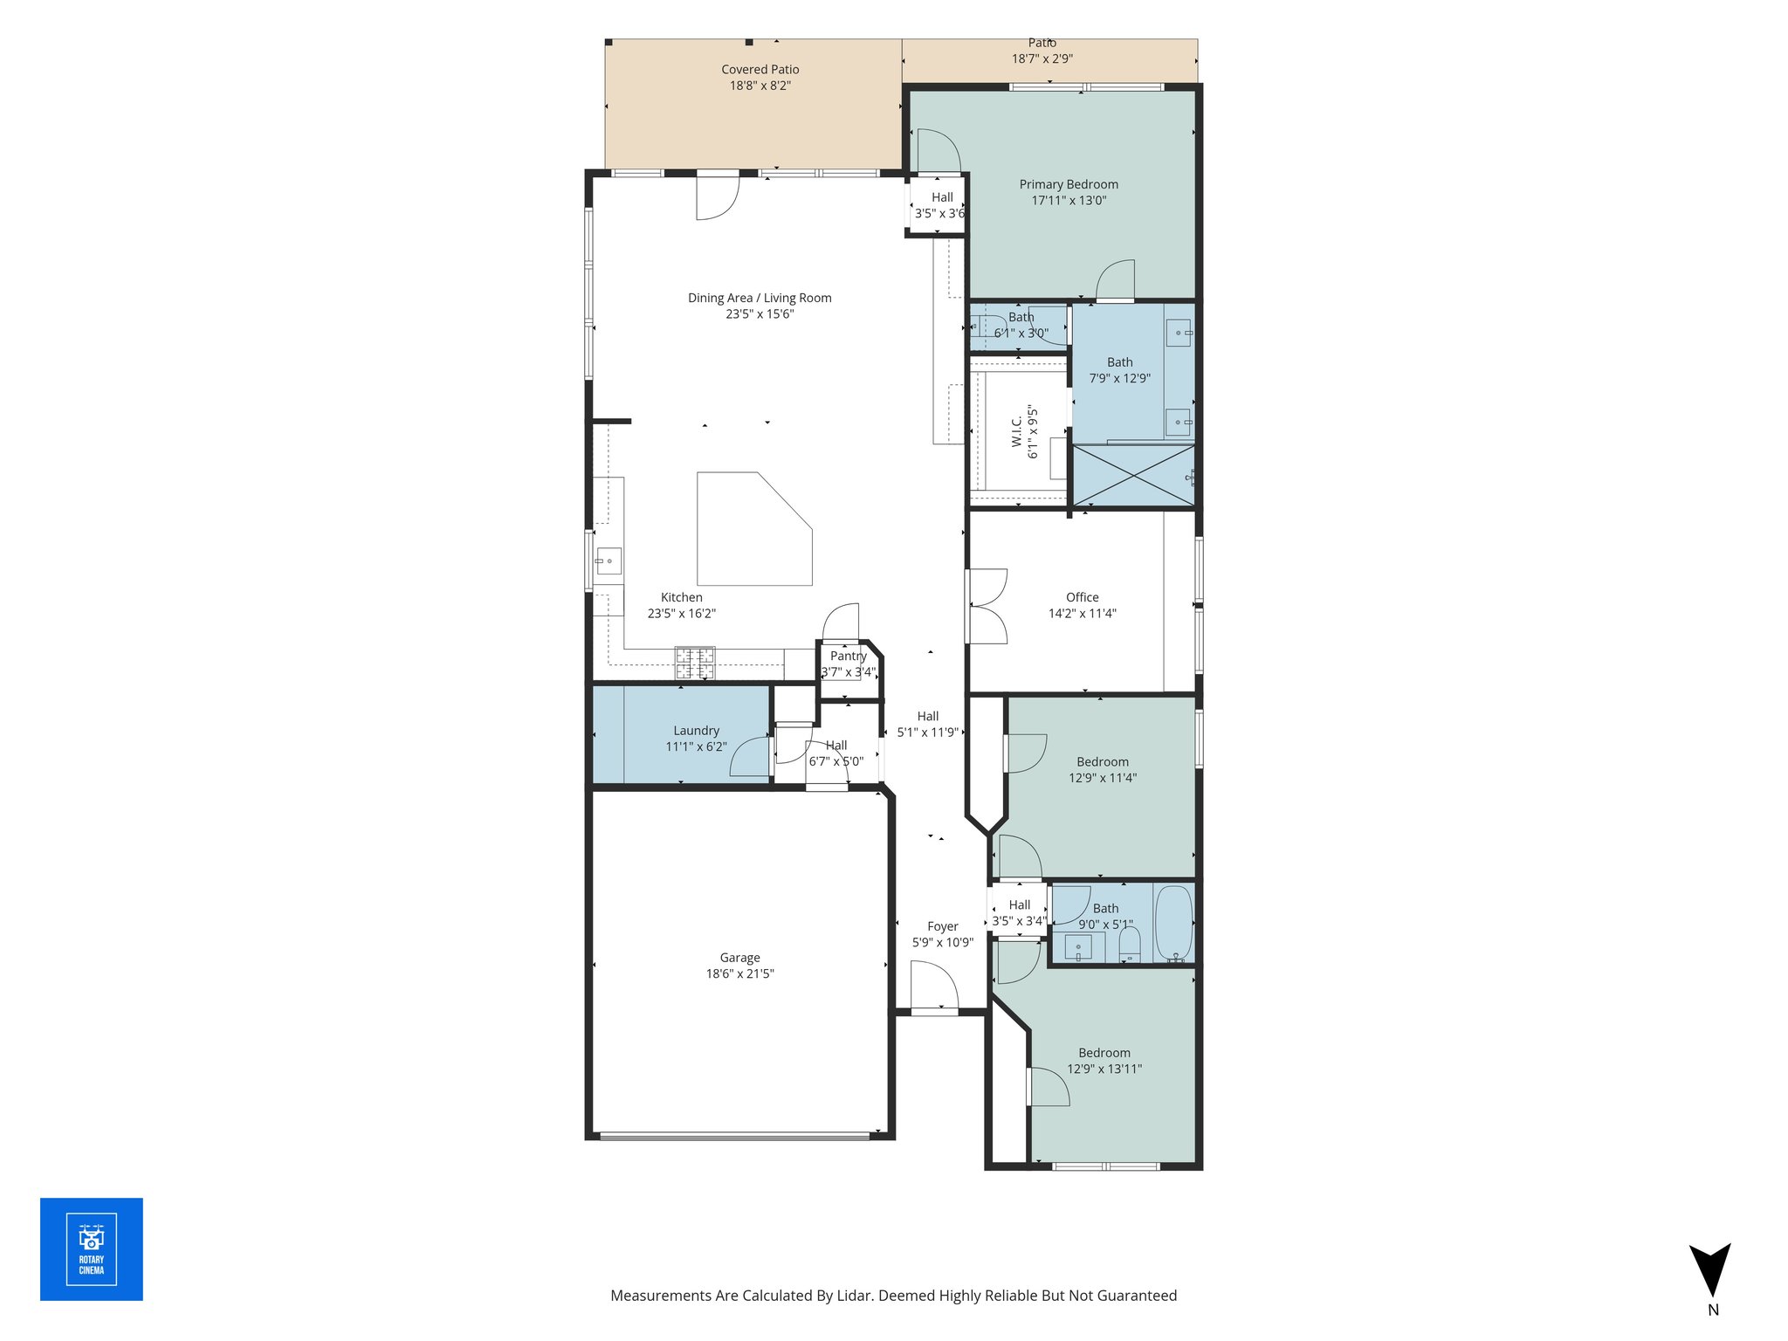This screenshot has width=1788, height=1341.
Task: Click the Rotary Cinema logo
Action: coord(91,1248)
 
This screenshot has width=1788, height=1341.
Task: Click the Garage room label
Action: coord(739,958)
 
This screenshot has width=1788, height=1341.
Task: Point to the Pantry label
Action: coord(848,656)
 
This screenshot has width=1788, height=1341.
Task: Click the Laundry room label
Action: coord(696,731)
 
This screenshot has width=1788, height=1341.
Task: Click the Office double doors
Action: coord(987,607)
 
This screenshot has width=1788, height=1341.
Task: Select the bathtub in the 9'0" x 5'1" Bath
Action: coord(1173,922)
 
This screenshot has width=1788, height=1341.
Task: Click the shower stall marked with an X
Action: coord(1132,475)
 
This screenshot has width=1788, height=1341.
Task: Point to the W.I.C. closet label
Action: coord(1017,431)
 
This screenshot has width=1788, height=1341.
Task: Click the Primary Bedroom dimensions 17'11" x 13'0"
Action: coord(1069,201)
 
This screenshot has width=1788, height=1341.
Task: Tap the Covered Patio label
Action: coord(760,70)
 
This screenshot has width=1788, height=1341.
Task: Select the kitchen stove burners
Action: coord(695,663)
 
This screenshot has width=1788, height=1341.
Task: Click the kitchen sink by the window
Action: coord(609,560)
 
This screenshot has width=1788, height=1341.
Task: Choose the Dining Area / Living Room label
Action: coord(760,298)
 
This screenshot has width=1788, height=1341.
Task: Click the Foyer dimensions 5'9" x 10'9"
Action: coord(942,943)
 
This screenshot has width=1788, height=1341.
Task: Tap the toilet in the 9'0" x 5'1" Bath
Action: coord(1130,944)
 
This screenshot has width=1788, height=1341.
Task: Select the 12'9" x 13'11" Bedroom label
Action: coord(1104,1053)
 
